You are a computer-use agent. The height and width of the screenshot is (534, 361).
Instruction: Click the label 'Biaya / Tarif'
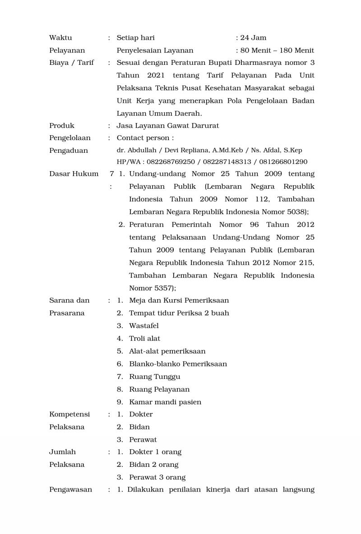(x=71, y=63)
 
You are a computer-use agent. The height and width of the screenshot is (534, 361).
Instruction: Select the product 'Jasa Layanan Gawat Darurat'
(x=167, y=126)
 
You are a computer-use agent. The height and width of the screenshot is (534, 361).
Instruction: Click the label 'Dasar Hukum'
(x=74, y=174)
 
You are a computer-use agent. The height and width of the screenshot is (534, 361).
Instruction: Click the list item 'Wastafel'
(x=143, y=325)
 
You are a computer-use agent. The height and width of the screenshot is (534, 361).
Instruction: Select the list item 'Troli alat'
(x=144, y=338)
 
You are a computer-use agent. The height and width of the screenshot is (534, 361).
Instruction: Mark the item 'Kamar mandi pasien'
(x=165, y=402)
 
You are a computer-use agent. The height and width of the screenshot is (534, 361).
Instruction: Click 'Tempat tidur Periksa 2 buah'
(x=179, y=313)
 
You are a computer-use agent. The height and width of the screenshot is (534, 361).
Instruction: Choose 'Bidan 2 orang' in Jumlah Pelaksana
(x=153, y=465)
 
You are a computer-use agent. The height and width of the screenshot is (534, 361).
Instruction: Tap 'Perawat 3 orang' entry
(x=157, y=477)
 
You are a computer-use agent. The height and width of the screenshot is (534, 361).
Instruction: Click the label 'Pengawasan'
(x=70, y=489)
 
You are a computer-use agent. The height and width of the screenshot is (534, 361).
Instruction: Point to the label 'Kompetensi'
(x=69, y=414)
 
